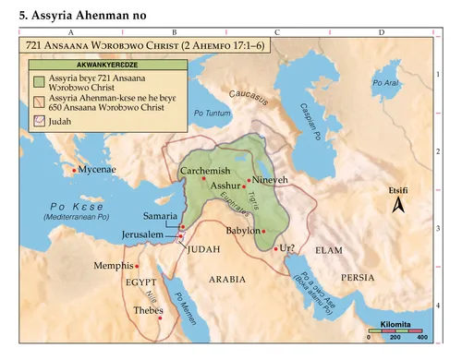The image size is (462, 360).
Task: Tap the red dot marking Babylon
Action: [x=264, y=231]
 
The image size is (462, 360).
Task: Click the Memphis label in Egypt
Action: [x=114, y=265]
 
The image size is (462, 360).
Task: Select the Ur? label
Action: [x=290, y=248]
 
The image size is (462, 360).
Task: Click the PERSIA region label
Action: [x=357, y=277]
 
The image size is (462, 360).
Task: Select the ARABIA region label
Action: [x=226, y=278]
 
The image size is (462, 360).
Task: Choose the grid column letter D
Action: [x=383, y=32]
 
